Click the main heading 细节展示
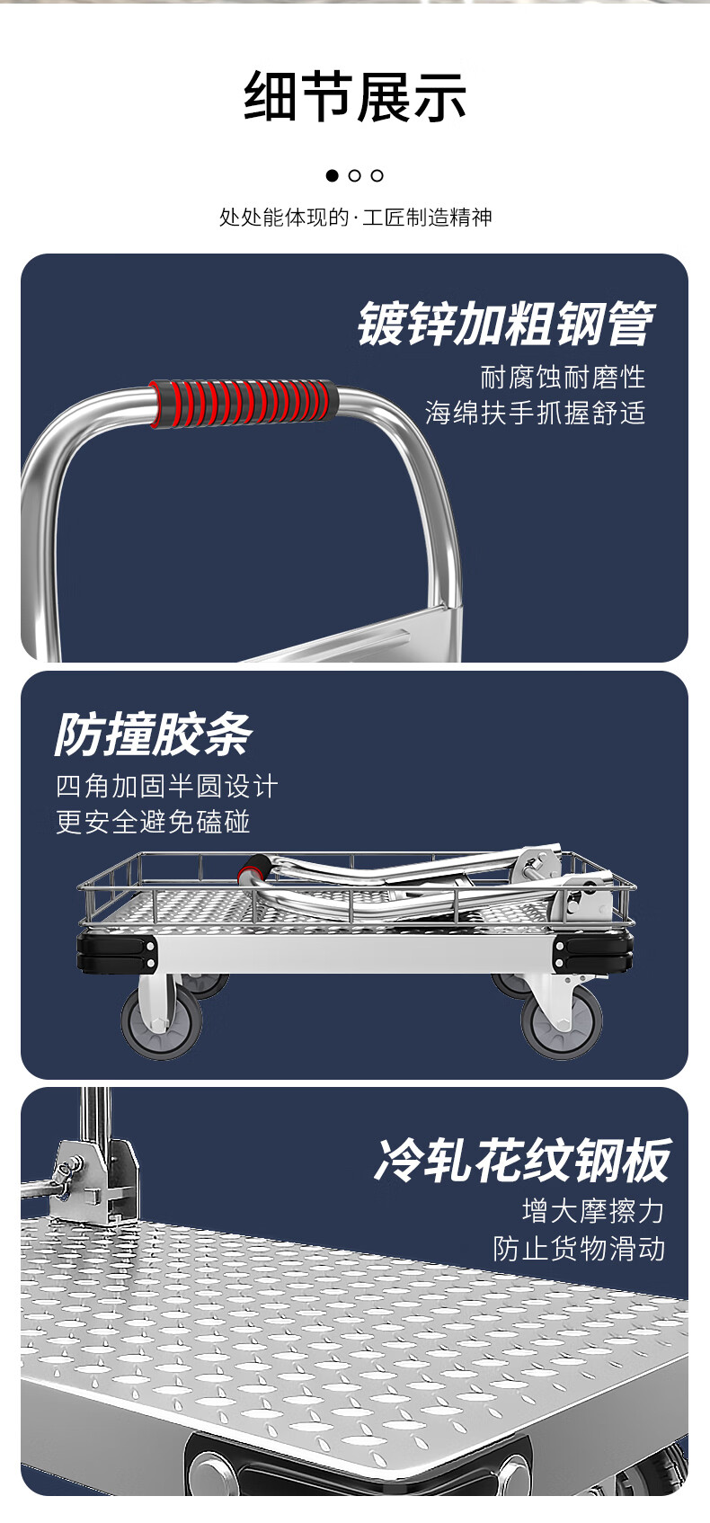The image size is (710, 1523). pyautogui.click(x=355, y=97)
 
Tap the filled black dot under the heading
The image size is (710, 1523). pyautogui.click(x=333, y=175)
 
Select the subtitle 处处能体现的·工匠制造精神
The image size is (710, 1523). pyautogui.click(x=355, y=218)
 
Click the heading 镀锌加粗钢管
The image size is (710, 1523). pyautogui.click(x=505, y=325)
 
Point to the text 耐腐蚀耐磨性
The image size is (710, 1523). pyautogui.click(x=563, y=377)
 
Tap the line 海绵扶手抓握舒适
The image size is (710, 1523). pyautogui.click(x=535, y=413)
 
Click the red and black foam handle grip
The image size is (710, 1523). pyautogui.click(x=244, y=404)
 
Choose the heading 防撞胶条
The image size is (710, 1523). pyautogui.click(x=153, y=735)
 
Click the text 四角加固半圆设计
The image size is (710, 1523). pyautogui.click(x=167, y=787)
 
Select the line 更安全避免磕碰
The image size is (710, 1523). pyautogui.click(x=153, y=822)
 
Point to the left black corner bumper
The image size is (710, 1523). pyautogui.click(x=117, y=952)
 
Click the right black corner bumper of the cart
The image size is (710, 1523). pyautogui.click(x=593, y=952)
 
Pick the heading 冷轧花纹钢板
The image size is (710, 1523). pyautogui.click(x=522, y=1161)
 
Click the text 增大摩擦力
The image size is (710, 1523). pyautogui.click(x=593, y=1211)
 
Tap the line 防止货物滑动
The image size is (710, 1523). pyautogui.click(x=579, y=1249)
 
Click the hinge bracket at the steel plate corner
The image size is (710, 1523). pyautogui.click(x=94, y=1178)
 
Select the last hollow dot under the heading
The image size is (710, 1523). pyautogui.click(x=377, y=175)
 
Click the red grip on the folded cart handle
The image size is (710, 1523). pyautogui.click(x=255, y=869)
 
